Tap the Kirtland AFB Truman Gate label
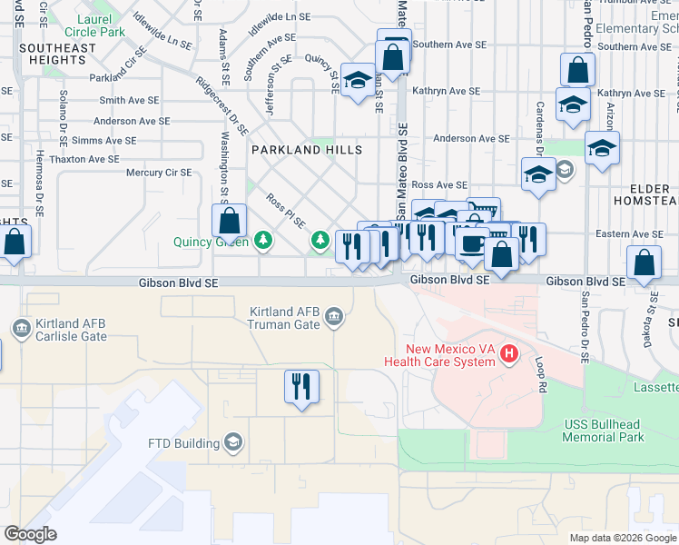(285, 318)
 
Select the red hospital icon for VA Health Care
(509, 352)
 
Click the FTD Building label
(184, 444)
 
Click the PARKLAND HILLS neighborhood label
(307, 150)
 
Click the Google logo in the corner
(30, 534)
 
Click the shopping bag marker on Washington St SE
(230, 220)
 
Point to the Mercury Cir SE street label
(159, 172)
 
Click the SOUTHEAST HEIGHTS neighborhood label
(57, 54)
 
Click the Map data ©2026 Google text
(623, 538)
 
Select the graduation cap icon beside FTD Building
(233, 443)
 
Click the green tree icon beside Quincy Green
(262, 241)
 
